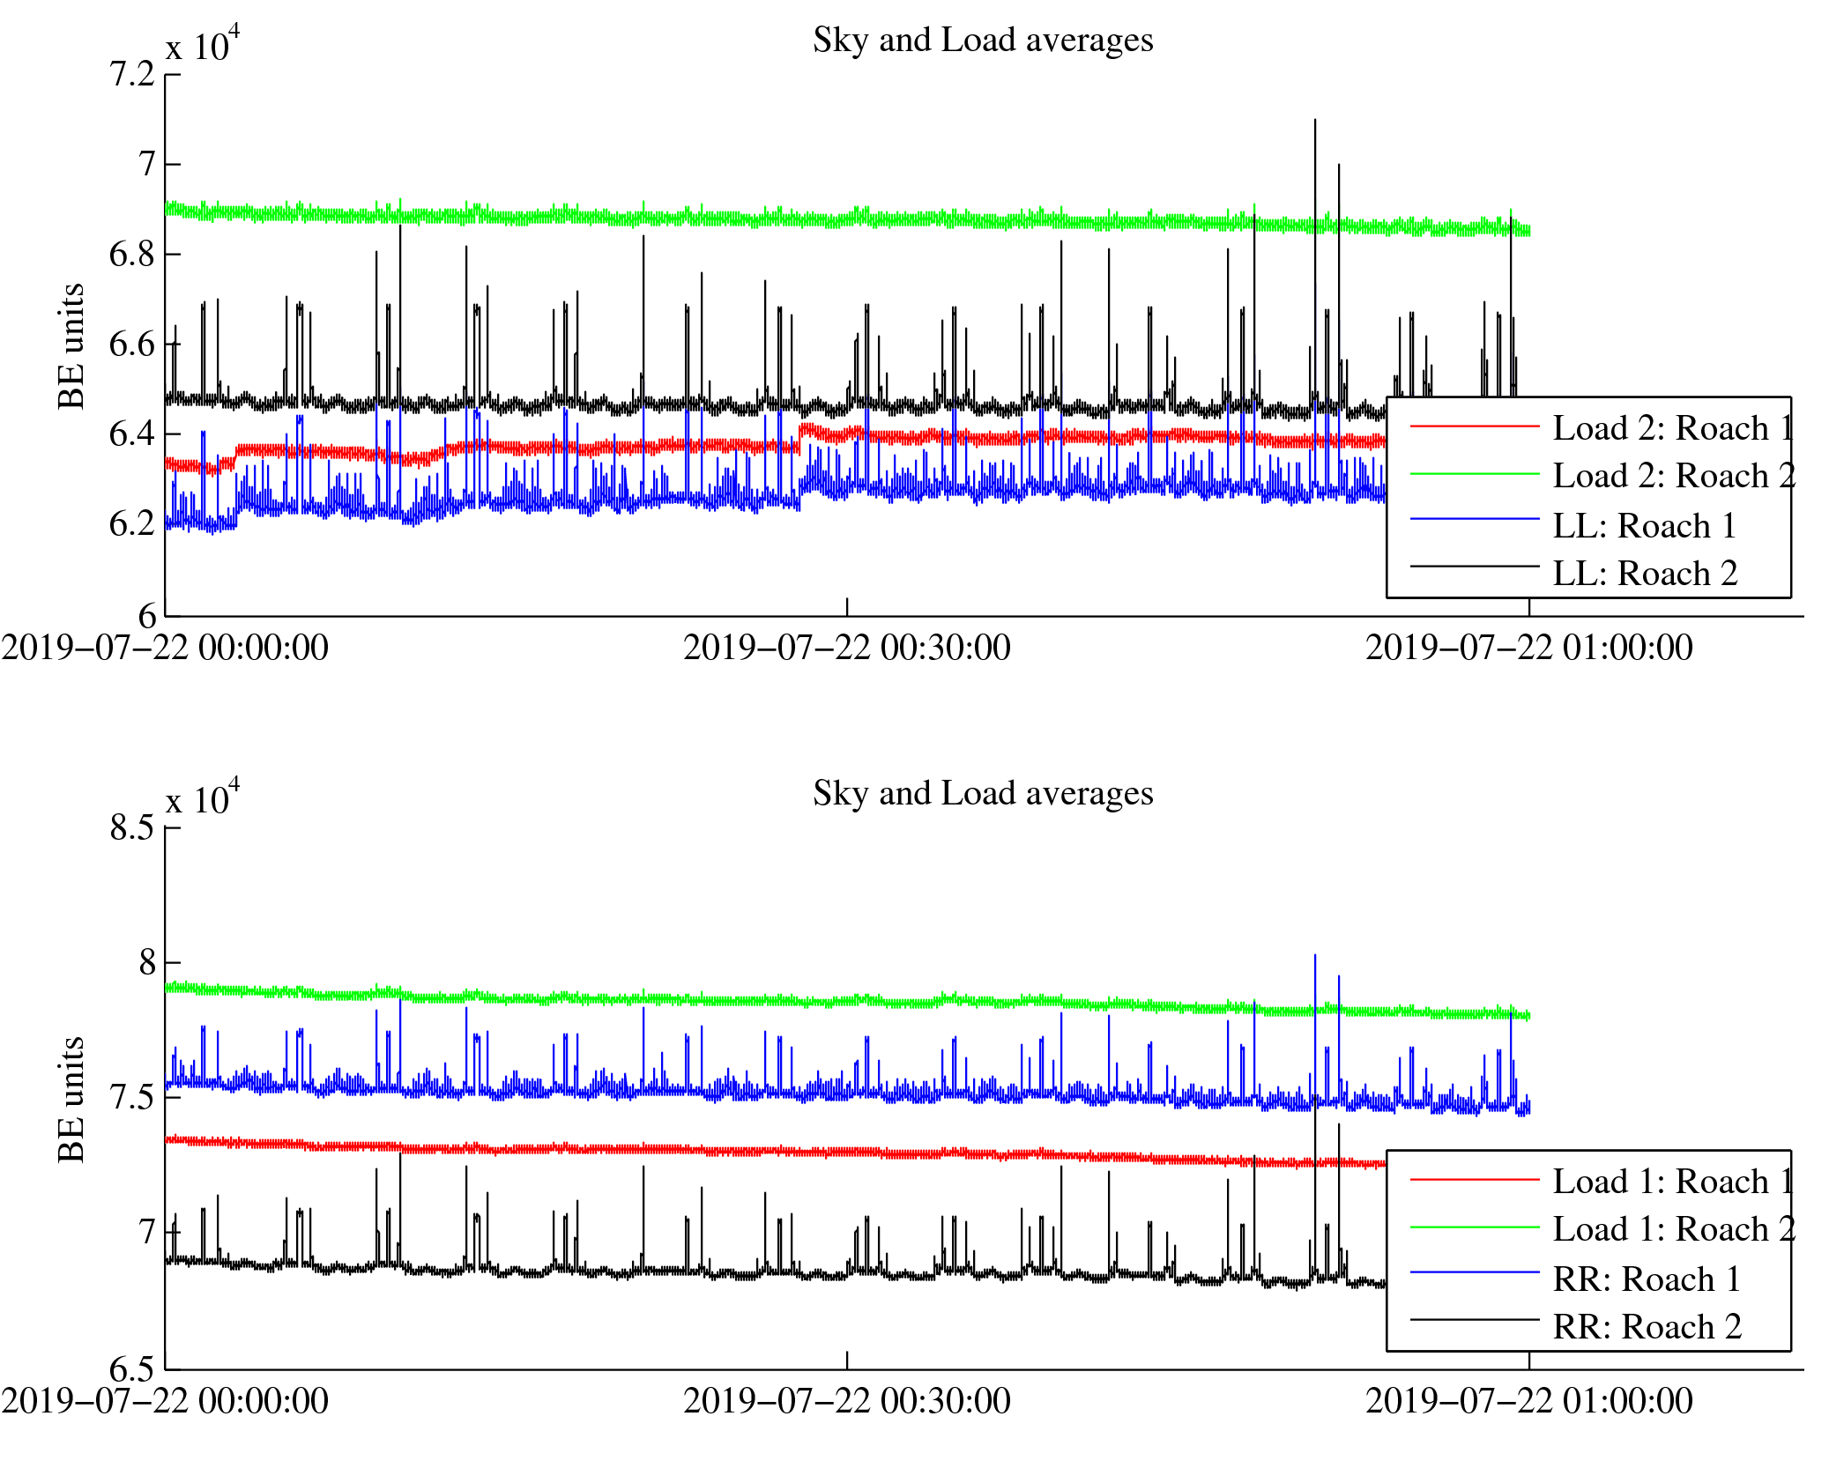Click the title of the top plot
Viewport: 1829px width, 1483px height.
[x=982, y=41]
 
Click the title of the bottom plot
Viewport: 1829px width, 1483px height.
[x=982, y=794]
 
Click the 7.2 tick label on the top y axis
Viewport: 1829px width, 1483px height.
[x=132, y=75]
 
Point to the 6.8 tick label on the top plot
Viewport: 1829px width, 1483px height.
[x=132, y=255]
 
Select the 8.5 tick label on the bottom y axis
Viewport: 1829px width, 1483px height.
[x=132, y=828]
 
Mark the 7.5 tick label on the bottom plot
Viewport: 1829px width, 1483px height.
[x=132, y=1098]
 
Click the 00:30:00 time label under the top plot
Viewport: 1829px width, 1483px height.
[x=846, y=649]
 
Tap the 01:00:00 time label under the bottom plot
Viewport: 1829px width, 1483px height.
[x=1528, y=1402]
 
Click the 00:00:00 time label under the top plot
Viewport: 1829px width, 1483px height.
[x=165, y=649]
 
